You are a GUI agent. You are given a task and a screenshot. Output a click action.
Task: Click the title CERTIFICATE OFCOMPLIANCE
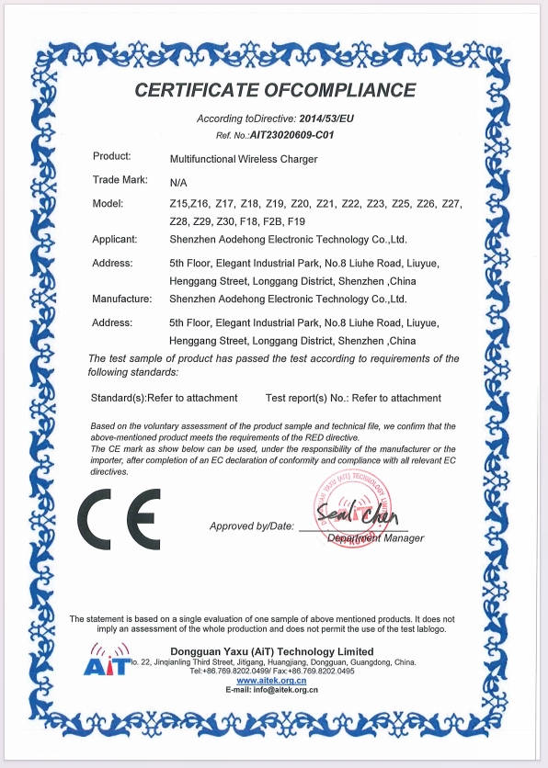[x=275, y=90]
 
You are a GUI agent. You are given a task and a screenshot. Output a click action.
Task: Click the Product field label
[x=112, y=157]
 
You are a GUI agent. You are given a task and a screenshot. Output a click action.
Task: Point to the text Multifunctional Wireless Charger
[x=244, y=159]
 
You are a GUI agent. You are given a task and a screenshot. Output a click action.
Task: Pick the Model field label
[x=109, y=202]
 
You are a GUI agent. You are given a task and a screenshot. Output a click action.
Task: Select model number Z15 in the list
[x=179, y=203]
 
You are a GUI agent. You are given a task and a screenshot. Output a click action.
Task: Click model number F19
[x=296, y=222]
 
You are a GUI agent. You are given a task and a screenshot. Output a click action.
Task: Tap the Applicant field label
[x=115, y=239]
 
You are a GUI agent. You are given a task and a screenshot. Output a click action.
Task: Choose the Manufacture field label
[x=122, y=299]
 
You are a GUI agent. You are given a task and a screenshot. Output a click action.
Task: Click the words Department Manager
[x=375, y=538]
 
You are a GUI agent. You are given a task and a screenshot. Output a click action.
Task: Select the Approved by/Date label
[x=252, y=525]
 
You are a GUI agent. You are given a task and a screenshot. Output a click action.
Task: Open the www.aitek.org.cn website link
[x=272, y=681]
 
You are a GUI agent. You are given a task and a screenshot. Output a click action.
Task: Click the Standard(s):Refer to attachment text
[x=166, y=398]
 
